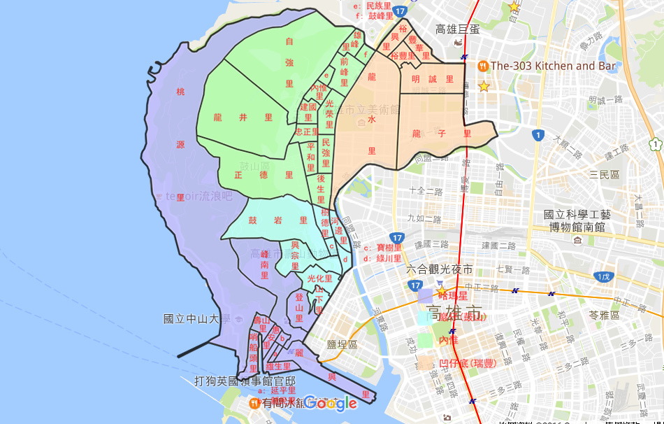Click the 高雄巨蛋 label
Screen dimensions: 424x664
(x=457, y=29)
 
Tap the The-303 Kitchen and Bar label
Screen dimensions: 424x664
(x=554, y=66)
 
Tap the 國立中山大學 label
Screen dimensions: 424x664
(x=196, y=319)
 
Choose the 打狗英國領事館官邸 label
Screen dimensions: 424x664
(x=244, y=381)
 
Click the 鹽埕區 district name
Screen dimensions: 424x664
(x=342, y=345)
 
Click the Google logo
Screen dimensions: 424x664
(x=330, y=403)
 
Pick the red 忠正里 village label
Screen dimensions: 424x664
(x=307, y=132)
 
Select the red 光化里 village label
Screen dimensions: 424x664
(x=319, y=278)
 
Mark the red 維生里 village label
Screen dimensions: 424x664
(x=278, y=367)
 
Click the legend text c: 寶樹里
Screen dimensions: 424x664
(x=383, y=248)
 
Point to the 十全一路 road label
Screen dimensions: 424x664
(x=428, y=190)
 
